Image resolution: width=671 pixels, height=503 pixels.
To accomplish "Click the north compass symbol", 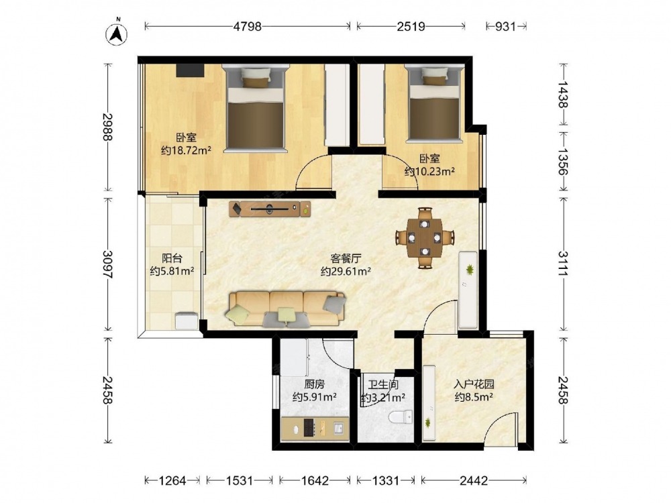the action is click(x=117, y=33).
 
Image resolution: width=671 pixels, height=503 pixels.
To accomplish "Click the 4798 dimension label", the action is click(x=248, y=27).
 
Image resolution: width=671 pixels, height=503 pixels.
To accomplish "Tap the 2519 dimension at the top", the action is click(x=411, y=27).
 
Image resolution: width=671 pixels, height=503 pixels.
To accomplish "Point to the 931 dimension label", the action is click(x=505, y=27).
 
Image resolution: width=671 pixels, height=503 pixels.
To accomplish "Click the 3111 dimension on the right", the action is click(x=563, y=264).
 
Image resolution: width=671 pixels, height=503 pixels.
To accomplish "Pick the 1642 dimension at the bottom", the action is click(x=315, y=481).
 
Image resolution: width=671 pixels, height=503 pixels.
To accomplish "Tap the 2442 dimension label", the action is click(x=474, y=481).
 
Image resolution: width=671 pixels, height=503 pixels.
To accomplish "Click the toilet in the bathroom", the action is click(x=401, y=416).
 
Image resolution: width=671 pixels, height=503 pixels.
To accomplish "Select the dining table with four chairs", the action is click(x=425, y=238).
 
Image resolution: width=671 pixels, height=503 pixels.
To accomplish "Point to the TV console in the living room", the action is click(x=270, y=209).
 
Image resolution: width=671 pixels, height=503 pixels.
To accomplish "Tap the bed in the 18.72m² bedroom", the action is click(x=256, y=108).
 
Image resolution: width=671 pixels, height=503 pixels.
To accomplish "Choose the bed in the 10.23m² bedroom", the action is click(x=434, y=103).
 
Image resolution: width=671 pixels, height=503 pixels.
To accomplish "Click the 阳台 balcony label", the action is click(x=172, y=258).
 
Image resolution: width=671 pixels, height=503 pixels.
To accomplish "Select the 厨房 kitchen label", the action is click(x=314, y=384).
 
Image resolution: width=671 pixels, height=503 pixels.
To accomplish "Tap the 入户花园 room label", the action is click(x=474, y=384).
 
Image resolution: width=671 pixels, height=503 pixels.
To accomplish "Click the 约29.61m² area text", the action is click(x=346, y=271).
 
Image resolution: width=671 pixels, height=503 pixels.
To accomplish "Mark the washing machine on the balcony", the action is click(x=187, y=321).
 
